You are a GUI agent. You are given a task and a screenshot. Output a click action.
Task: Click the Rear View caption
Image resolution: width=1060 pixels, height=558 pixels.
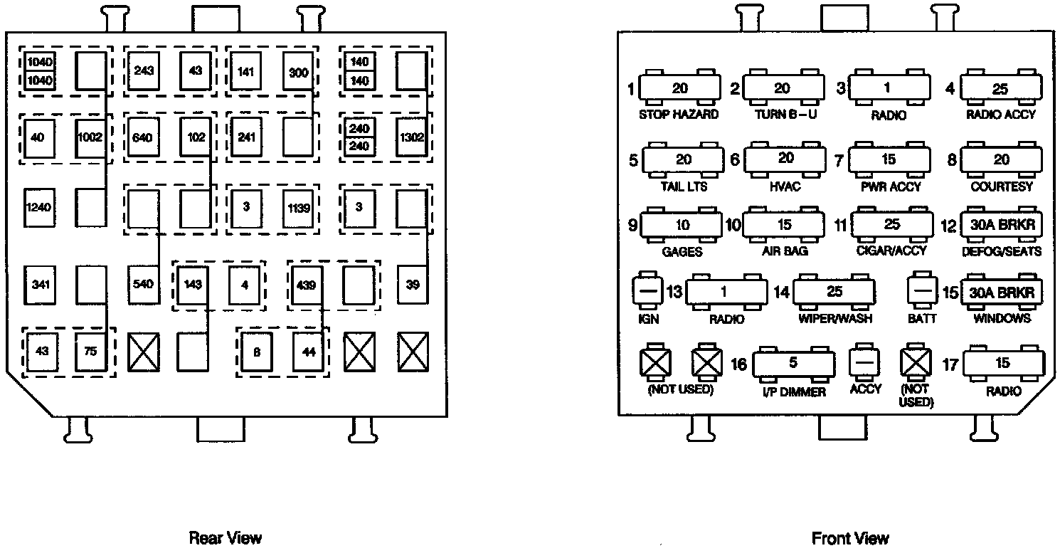(x=225, y=537)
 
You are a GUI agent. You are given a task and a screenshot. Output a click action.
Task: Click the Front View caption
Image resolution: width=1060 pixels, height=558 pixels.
(x=850, y=537)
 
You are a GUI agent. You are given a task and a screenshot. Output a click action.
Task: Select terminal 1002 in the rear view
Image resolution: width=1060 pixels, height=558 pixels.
(x=91, y=137)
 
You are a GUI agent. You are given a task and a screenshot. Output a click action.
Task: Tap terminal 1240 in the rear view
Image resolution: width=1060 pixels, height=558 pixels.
(x=39, y=207)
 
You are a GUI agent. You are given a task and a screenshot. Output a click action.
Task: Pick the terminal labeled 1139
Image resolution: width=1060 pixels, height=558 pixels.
(x=297, y=208)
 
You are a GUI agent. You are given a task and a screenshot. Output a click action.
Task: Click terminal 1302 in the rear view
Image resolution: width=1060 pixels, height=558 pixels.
(x=413, y=137)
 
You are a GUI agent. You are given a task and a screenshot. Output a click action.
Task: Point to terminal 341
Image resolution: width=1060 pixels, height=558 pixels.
(x=39, y=285)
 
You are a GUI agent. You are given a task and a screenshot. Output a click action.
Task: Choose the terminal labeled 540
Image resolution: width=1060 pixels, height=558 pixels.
(x=143, y=285)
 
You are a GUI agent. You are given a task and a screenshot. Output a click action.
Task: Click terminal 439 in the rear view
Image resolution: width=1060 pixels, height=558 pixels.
(x=306, y=285)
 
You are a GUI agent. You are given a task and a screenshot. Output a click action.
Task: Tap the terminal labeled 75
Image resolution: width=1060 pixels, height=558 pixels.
(x=91, y=351)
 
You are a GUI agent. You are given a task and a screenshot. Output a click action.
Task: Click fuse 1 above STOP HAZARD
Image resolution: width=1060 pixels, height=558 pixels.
(x=680, y=89)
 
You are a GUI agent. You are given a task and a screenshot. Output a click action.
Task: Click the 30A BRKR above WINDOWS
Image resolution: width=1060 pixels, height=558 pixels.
(x=1001, y=292)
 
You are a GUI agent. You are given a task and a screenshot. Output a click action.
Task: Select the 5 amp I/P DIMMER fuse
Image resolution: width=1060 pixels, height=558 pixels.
(x=793, y=364)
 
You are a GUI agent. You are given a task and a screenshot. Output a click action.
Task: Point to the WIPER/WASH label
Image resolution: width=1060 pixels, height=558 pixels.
(x=834, y=318)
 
